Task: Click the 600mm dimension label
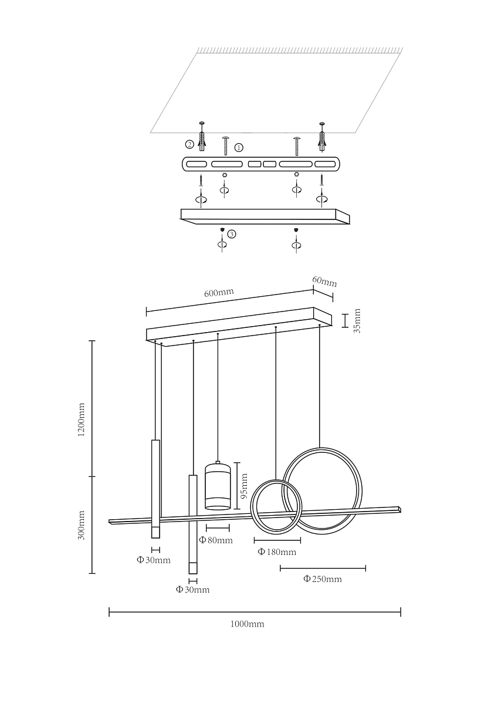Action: pyautogui.click(x=219, y=292)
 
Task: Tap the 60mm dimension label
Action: pyautogui.click(x=324, y=282)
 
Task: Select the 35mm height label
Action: pyautogui.click(x=357, y=320)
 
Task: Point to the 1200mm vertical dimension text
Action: pyautogui.click(x=81, y=419)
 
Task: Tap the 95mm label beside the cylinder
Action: pyautogui.click(x=244, y=486)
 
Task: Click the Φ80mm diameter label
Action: pyautogui.click(x=216, y=540)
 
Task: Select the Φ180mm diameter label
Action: pyautogui.click(x=277, y=552)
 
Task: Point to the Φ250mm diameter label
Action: pyautogui.click(x=323, y=579)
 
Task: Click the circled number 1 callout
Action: pyautogui.click(x=239, y=147)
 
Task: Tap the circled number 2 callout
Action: pyautogui.click(x=189, y=144)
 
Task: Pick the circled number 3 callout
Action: pyautogui.click(x=232, y=234)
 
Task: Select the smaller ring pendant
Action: pyautogui.click(x=276, y=507)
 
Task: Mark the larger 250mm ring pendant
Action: pyautogui.click(x=322, y=490)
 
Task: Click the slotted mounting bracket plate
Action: pyautogui.click(x=261, y=164)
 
